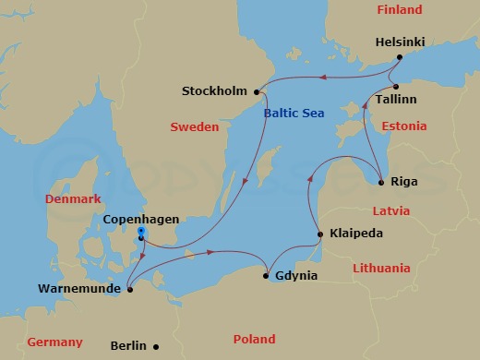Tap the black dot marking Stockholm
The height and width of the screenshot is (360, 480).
[x=257, y=91]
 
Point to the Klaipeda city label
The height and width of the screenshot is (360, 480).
[x=355, y=234]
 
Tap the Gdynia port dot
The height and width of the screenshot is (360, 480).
[x=266, y=276]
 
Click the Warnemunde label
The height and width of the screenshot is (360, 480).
[x=81, y=290]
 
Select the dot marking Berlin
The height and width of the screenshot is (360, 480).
[x=156, y=346]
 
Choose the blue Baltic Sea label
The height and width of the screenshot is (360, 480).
[x=294, y=114]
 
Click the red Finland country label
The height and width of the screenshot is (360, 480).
[x=399, y=10]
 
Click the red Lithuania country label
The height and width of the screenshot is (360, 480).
[x=381, y=269]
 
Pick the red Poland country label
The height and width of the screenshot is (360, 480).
[x=254, y=339]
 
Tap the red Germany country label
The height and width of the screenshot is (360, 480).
[x=54, y=342]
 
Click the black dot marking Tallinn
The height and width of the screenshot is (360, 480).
[x=394, y=86]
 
